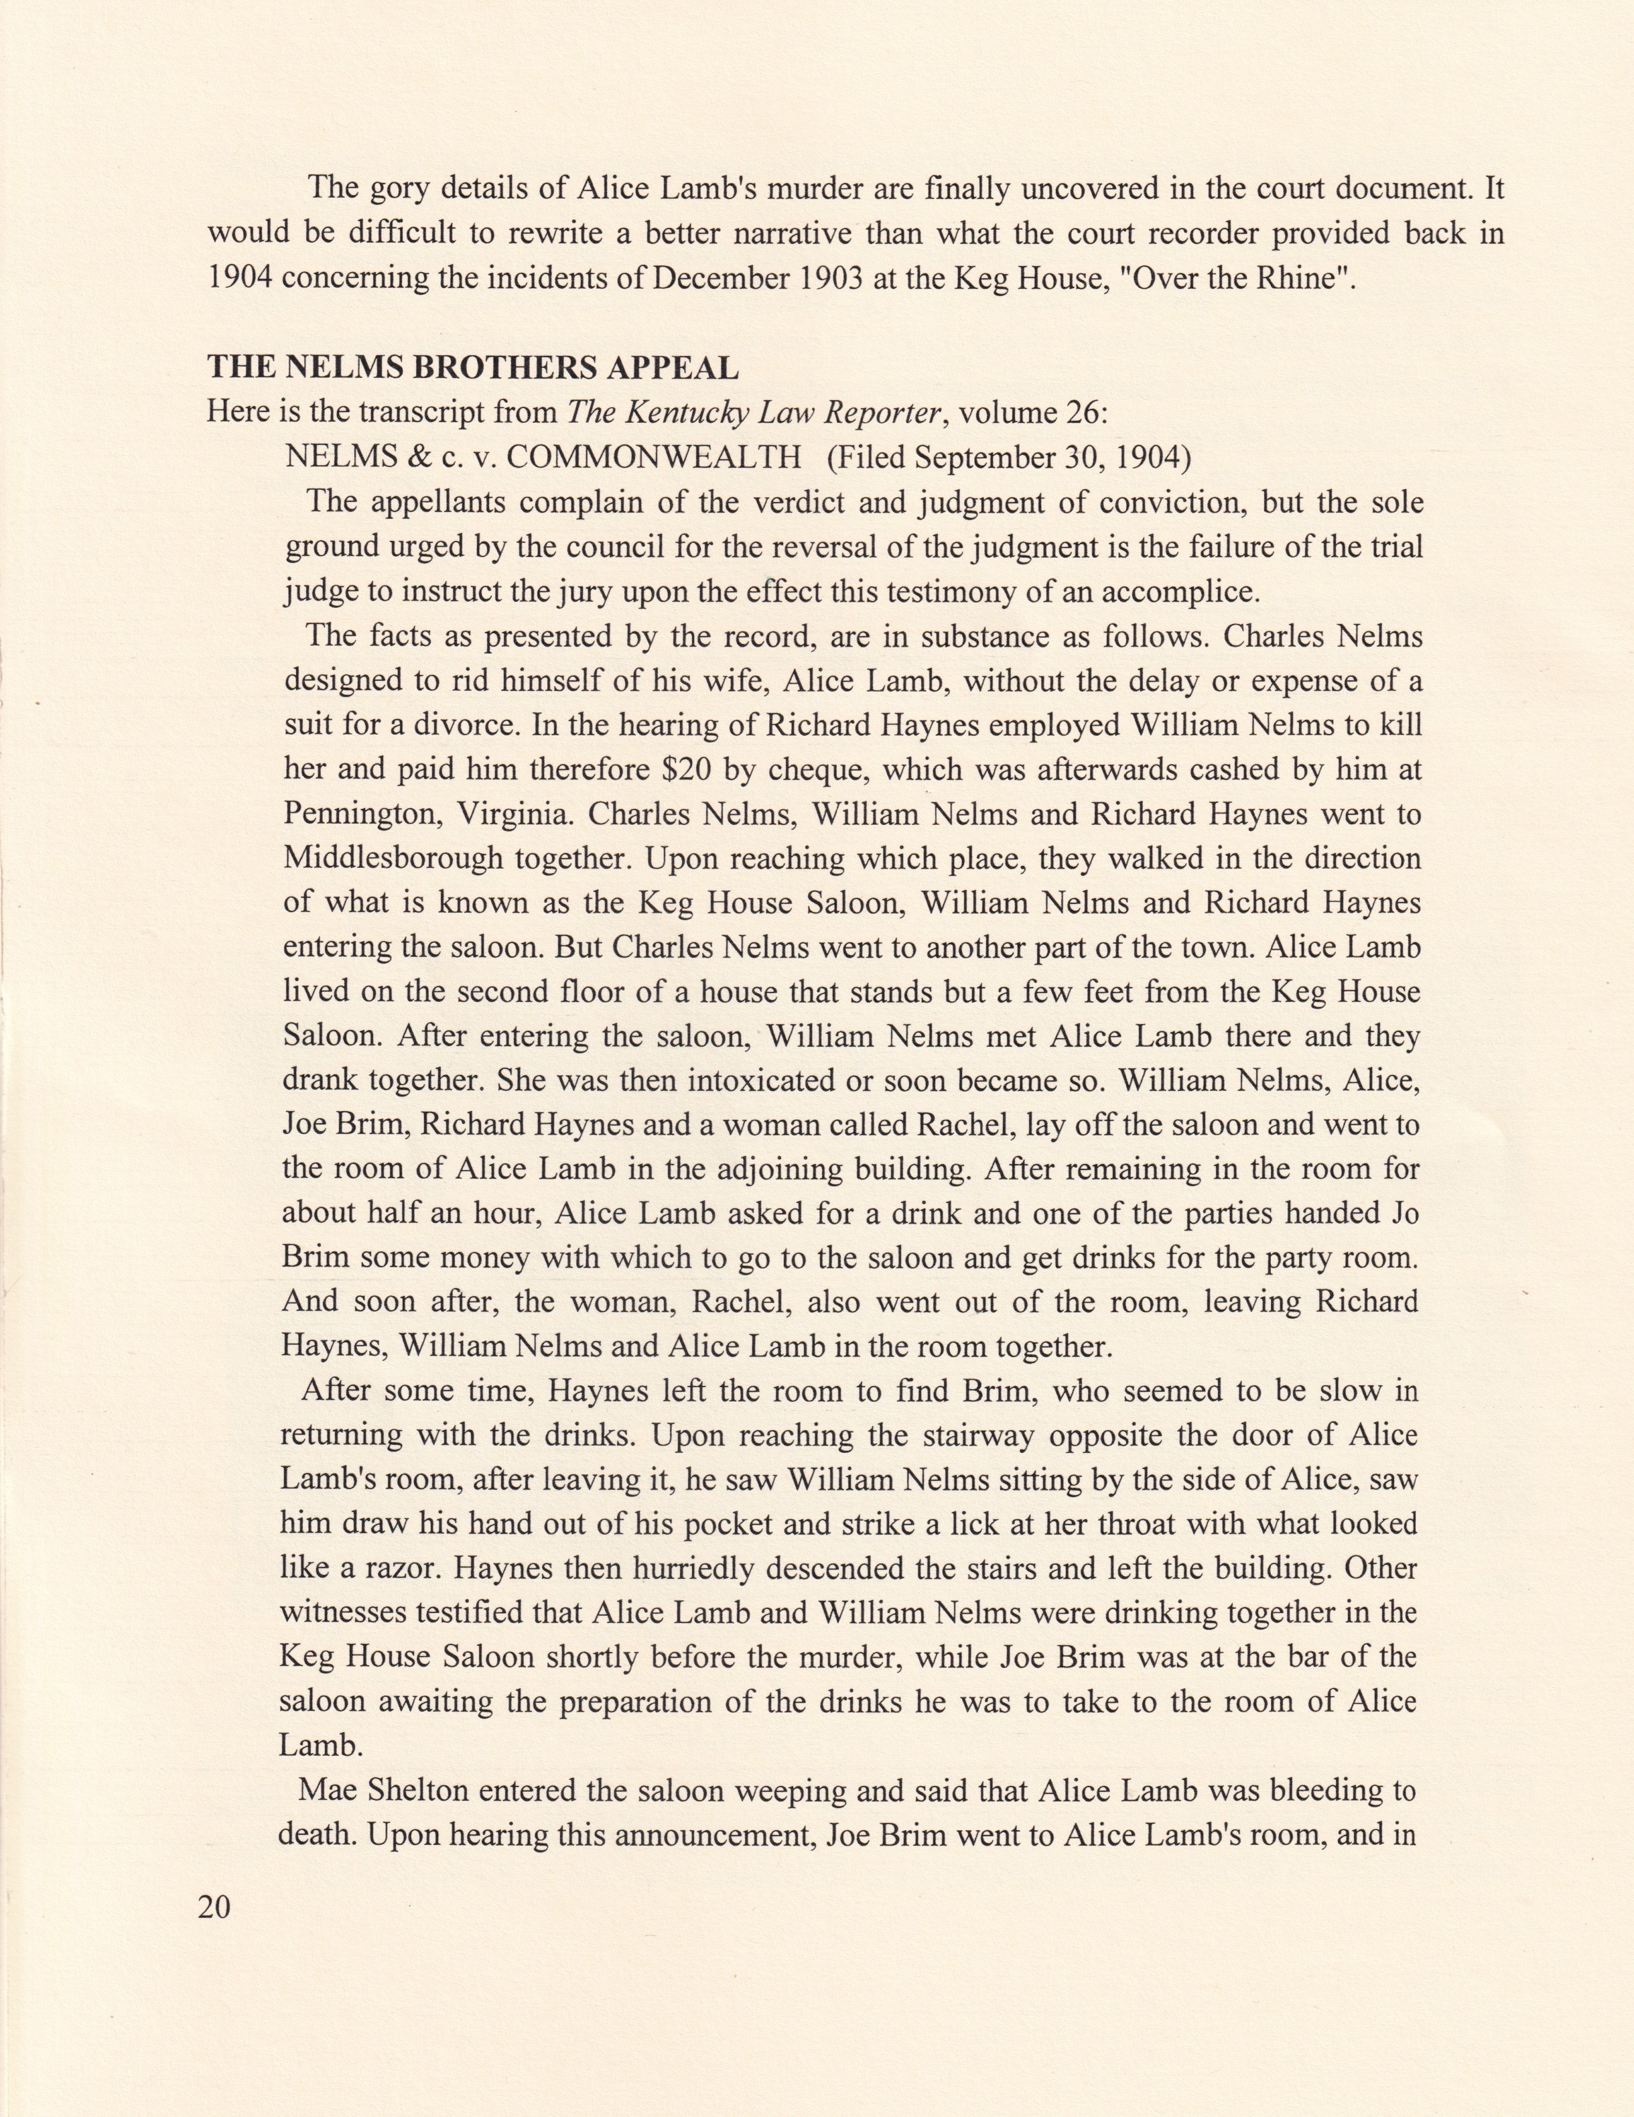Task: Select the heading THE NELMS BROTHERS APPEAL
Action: pyautogui.click(x=473, y=369)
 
